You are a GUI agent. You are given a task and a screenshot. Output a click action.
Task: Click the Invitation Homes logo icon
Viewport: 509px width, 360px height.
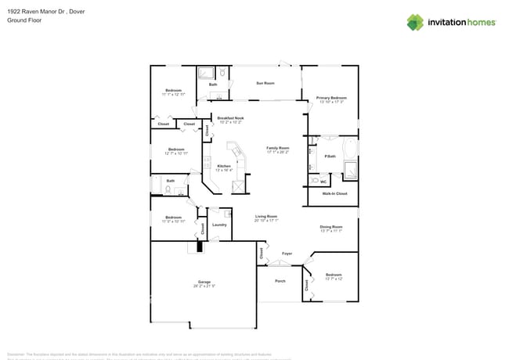pos(415,22)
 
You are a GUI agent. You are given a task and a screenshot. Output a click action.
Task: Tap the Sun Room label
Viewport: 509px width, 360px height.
pos(265,82)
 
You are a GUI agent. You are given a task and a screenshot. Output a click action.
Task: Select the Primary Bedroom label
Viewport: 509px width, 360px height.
pos(331,98)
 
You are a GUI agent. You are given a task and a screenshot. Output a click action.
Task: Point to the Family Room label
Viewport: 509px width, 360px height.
pos(278,148)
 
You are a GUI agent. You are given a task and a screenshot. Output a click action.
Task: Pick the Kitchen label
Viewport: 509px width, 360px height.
pos(224,166)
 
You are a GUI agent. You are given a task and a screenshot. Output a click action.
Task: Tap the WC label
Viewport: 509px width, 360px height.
pos(323,182)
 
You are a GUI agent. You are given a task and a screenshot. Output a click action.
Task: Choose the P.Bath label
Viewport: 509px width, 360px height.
pos(330,157)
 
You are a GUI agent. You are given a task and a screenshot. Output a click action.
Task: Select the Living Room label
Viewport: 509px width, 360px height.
pos(266,216)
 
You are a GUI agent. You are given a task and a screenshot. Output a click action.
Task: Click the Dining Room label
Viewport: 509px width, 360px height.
pos(331,227)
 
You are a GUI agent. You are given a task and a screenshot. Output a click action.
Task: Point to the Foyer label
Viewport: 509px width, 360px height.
pos(287,253)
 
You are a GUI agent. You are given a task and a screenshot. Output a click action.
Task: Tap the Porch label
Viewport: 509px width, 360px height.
pos(280,280)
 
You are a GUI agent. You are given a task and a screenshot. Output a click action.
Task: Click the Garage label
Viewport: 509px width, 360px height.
pos(204,281)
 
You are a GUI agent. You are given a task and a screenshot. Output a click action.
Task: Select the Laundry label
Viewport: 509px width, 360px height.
pos(219,225)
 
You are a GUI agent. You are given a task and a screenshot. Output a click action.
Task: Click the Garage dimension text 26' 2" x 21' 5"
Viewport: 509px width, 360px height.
pos(204,286)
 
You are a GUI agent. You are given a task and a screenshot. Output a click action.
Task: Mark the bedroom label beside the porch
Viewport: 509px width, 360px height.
pos(334,275)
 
